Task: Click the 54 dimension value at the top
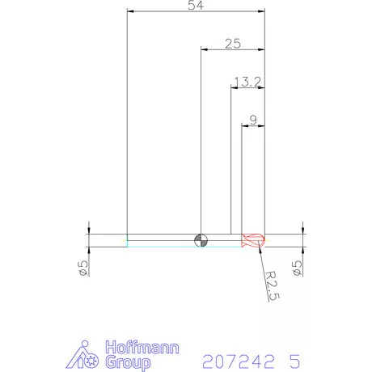point(195,6)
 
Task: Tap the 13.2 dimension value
point(246,82)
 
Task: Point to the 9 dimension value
point(253,120)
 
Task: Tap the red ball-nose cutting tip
point(254,239)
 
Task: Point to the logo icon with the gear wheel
point(87,355)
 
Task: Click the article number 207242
point(234,358)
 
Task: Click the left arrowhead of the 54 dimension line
point(131,12)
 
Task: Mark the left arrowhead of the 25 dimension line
point(204,50)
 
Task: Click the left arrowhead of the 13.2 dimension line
point(235,88)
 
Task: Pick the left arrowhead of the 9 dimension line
point(246,126)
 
